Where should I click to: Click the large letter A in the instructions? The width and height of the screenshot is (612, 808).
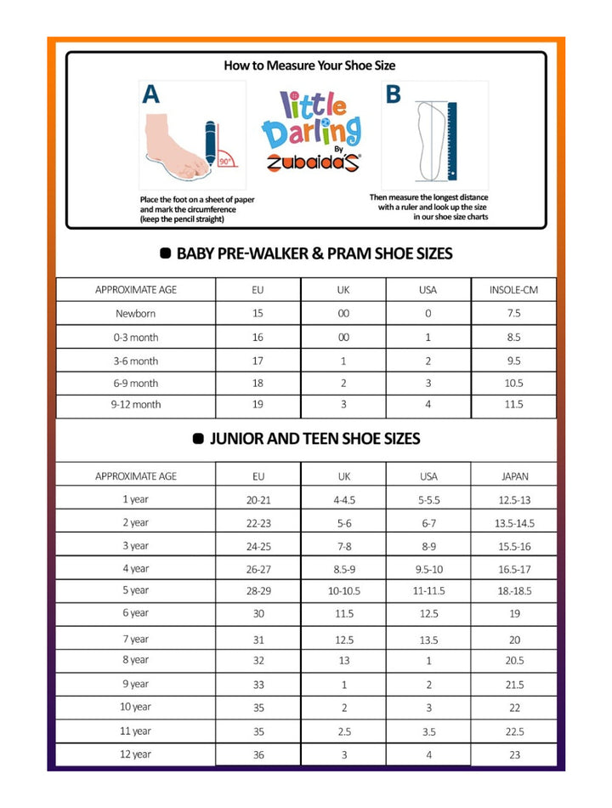pos(150,94)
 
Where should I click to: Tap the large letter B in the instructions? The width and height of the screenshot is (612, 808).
pos(393,94)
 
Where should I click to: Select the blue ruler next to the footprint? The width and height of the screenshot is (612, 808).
pos(451,140)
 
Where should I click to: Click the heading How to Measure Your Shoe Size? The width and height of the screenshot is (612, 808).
pos(309,65)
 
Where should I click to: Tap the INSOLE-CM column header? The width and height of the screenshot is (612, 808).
pos(513,290)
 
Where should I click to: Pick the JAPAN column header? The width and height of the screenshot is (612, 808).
pos(513,476)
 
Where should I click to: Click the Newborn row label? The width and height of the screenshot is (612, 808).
pos(136,313)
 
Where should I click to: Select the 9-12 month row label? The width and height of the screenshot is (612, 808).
pos(136,405)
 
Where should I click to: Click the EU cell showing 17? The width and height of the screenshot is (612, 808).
pos(258,361)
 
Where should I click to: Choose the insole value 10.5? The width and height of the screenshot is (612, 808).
pos(513,384)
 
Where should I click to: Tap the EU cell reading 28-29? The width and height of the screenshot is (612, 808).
pos(258,590)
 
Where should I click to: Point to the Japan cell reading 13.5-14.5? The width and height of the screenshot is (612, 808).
pos(514,523)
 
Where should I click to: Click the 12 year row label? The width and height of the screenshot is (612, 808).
pos(136,754)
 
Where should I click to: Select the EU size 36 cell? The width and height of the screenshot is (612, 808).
pos(258,755)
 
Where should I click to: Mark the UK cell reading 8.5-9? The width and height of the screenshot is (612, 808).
pos(344,568)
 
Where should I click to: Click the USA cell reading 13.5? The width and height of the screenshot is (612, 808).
pos(428,640)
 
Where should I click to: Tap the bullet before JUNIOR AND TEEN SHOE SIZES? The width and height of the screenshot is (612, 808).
pos(198,439)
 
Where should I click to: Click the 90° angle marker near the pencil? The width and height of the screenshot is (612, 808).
pos(224,160)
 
